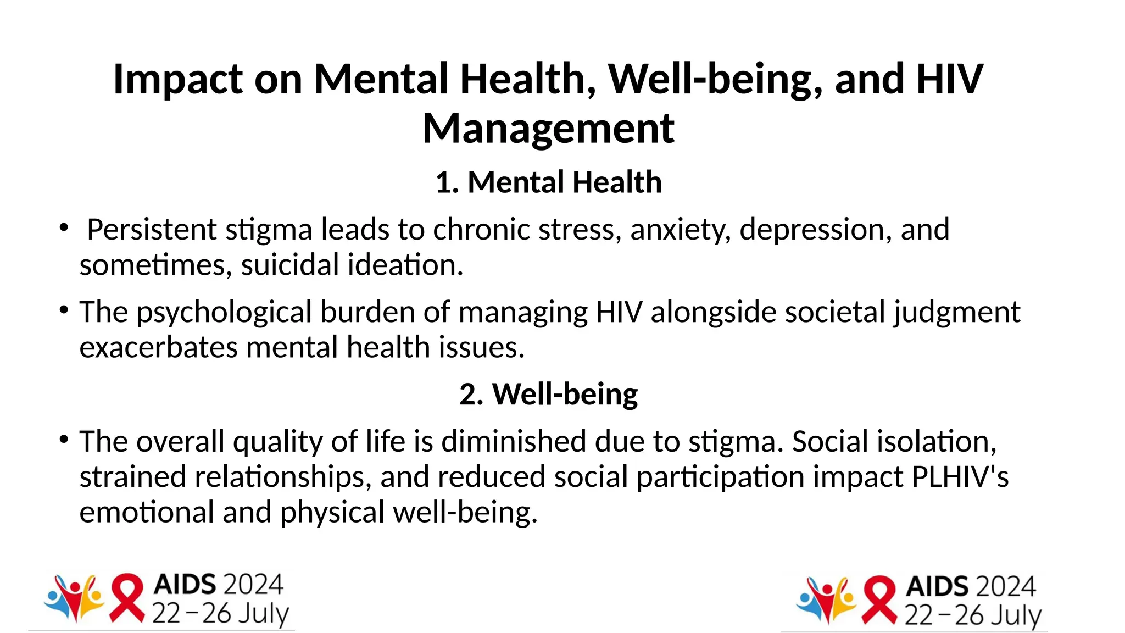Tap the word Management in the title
[548, 129]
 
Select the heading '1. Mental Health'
[548, 182]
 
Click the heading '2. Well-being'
[548, 395]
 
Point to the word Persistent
[152, 230]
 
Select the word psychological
[224, 313]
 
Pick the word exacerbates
[158, 348]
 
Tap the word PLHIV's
[960, 477]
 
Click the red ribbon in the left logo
[127, 597]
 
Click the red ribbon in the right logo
[879, 599]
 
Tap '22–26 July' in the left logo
[220, 614]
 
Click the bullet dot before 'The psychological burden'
[64, 310]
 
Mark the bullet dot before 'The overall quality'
[64, 439]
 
